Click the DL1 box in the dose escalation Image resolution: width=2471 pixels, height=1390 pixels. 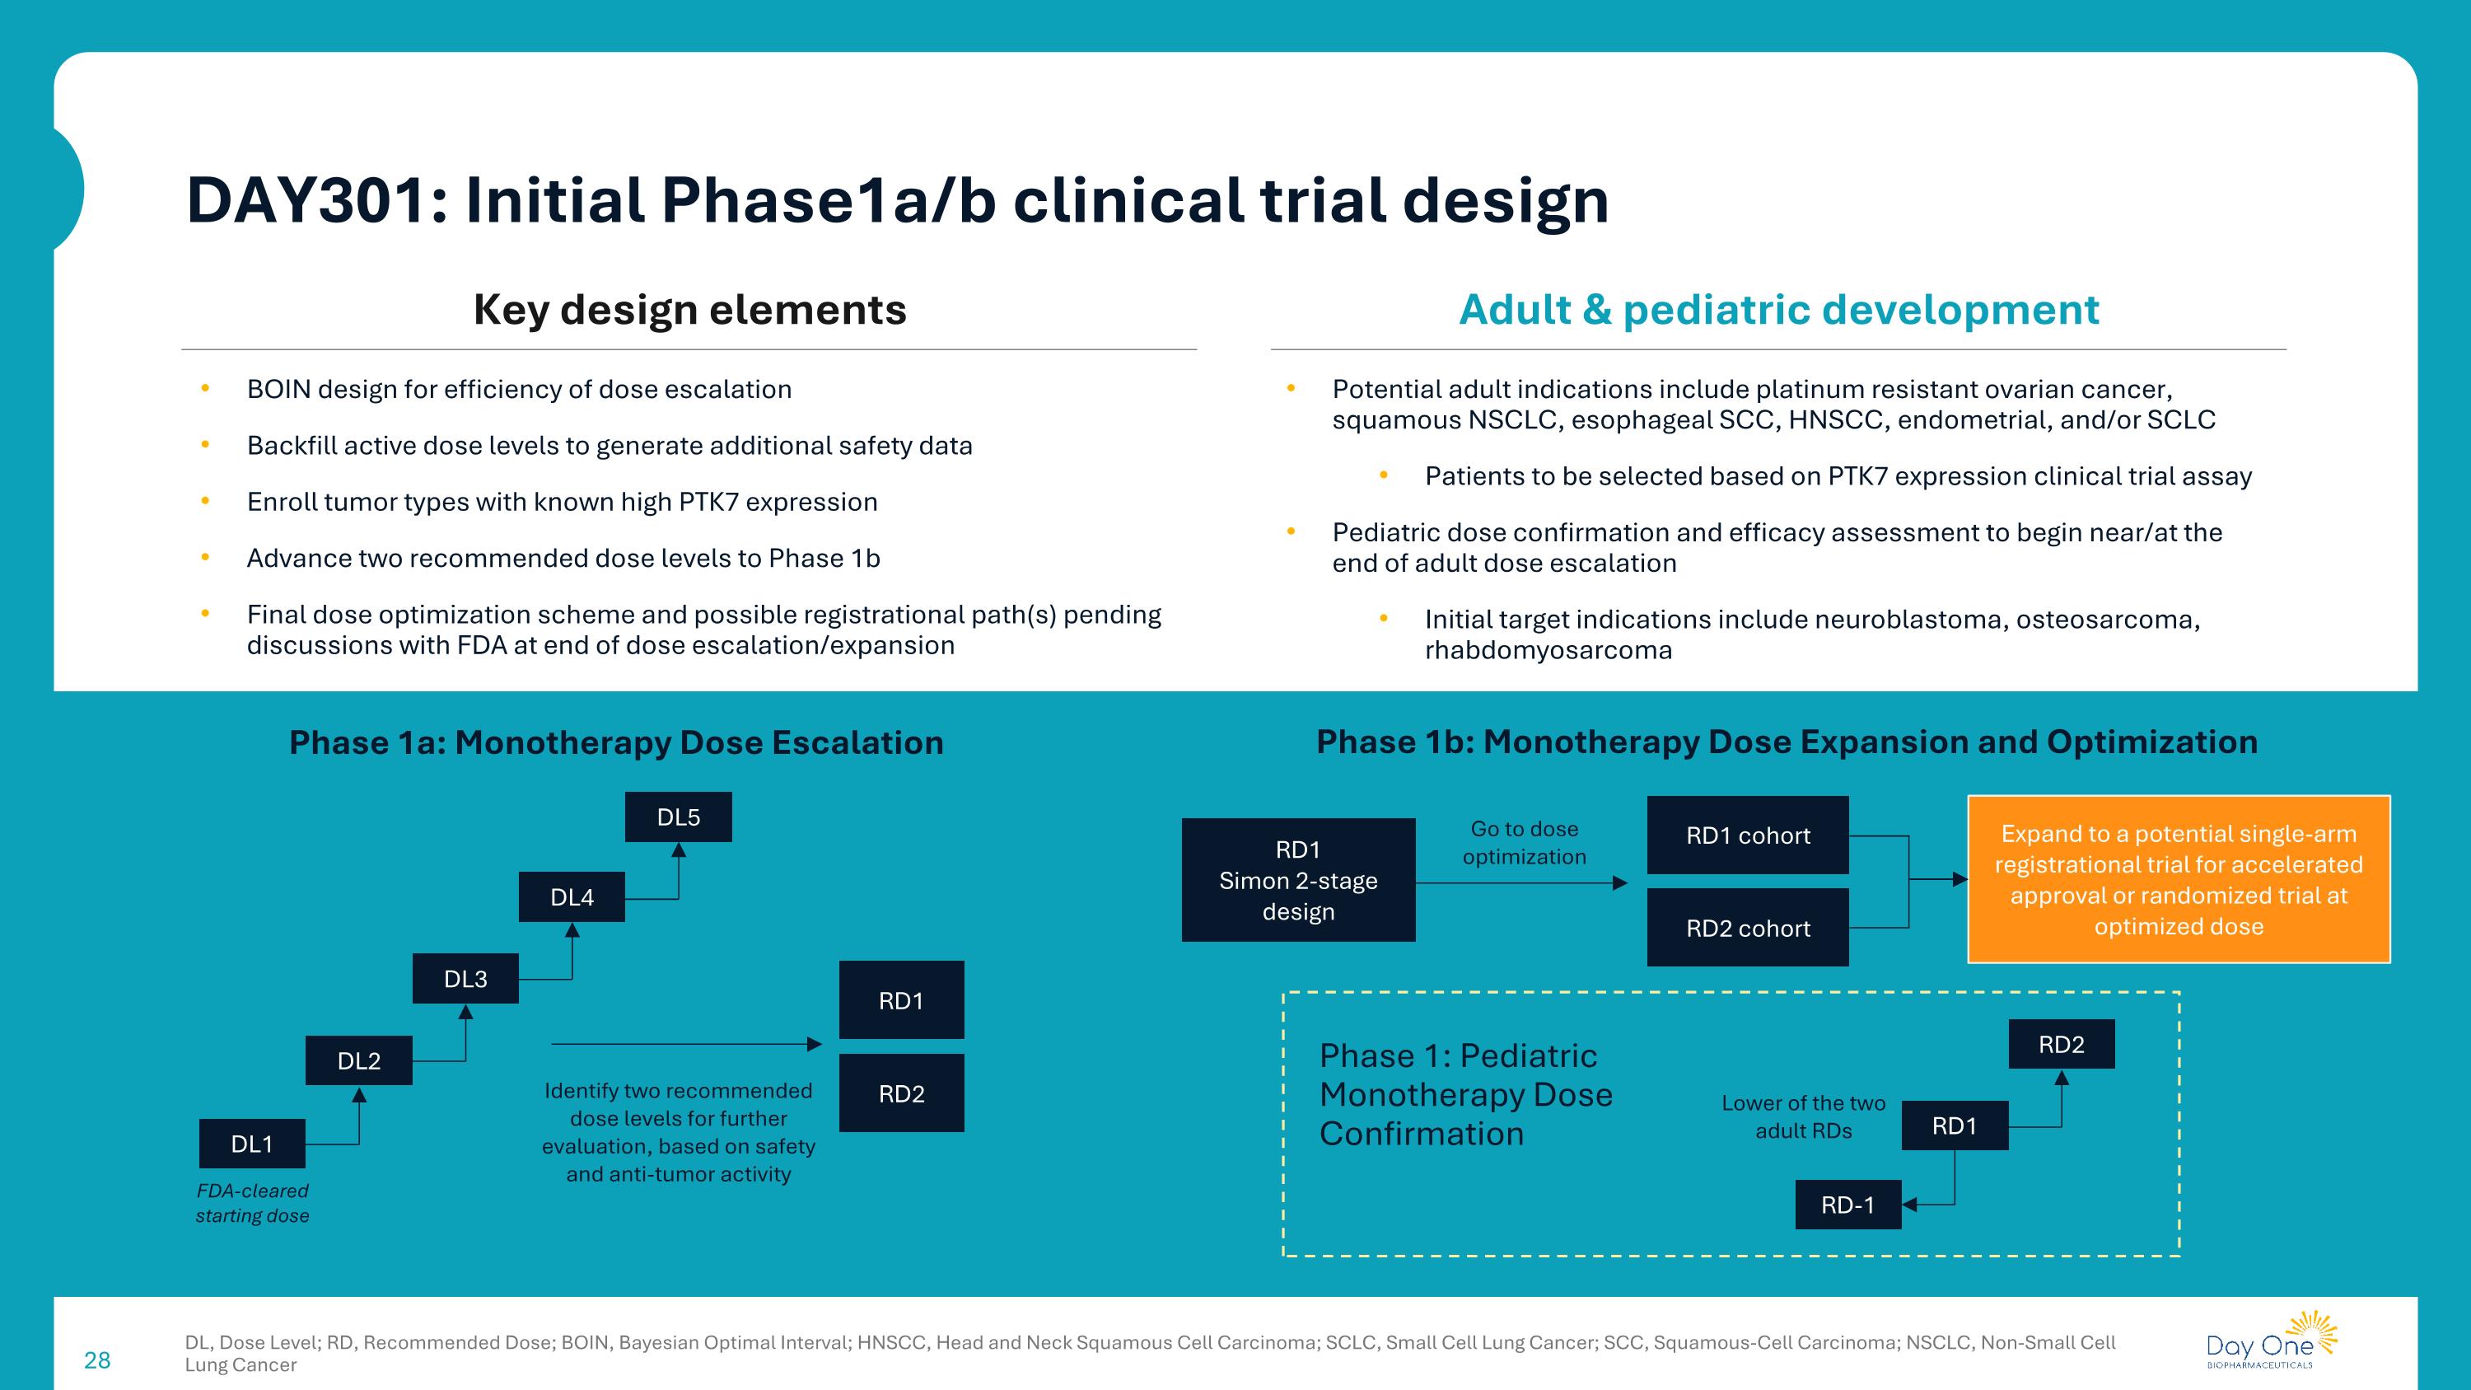click(251, 1144)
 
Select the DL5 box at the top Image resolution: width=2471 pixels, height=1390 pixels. click(678, 817)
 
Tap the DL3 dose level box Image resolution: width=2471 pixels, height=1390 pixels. click(465, 979)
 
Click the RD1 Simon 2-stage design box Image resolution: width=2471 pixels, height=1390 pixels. click(1298, 880)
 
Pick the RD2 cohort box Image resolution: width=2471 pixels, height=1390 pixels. click(1748, 928)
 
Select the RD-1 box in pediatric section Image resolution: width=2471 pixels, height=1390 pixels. click(1847, 1205)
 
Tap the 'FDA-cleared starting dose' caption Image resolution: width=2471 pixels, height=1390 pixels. click(252, 1203)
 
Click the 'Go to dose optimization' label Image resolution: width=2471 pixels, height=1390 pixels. click(1525, 842)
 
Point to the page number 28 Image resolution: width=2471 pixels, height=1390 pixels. click(97, 1360)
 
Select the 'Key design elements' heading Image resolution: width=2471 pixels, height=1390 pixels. click(689, 310)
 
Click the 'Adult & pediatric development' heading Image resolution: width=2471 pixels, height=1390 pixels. click(1778, 310)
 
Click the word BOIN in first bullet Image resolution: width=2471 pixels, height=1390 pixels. click(278, 390)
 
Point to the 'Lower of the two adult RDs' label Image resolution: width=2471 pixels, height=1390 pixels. click(1803, 1116)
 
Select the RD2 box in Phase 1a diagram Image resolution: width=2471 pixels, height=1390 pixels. click(901, 1093)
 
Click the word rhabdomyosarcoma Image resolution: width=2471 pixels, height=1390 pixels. click(1548, 650)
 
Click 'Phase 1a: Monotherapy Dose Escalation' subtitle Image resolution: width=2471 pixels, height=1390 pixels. click(616, 742)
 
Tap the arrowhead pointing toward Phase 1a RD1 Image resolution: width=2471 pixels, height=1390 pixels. click(815, 1044)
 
